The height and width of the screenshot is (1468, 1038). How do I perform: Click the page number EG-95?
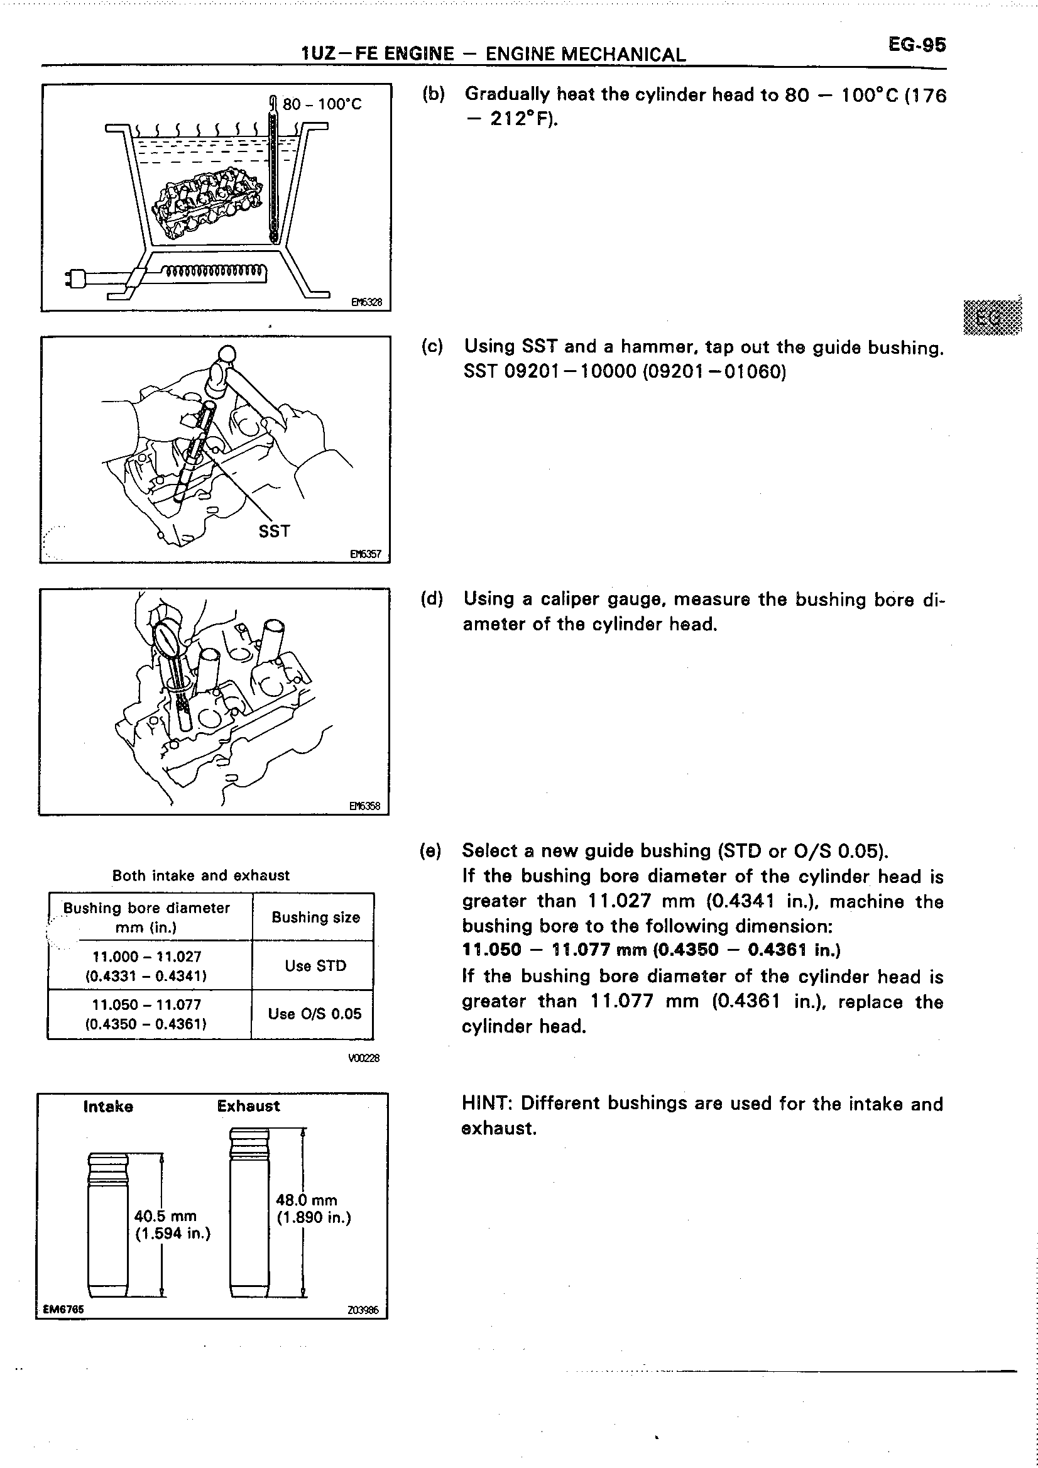pyautogui.click(x=916, y=45)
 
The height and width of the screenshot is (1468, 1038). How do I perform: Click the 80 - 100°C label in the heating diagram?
pyautogui.click(x=322, y=104)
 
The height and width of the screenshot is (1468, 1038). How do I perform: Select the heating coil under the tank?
pyautogui.click(x=214, y=272)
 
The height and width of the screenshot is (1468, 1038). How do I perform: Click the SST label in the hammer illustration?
pyautogui.click(x=274, y=530)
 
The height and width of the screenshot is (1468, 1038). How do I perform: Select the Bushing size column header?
pyautogui.click(x=315, y=917)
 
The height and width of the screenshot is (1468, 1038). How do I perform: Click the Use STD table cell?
pyautogui.click(x=315, y=965)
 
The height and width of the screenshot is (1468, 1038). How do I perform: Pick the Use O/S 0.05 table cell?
pyautogui.click(x=314, y=1014)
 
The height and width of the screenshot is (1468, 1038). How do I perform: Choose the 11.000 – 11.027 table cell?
pyautogui.click(x=147, y=965)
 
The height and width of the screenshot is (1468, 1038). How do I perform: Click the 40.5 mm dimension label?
pyautogui.click(x=165, y=1215)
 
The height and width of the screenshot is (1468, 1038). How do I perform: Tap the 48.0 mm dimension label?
pyautogui.click(x=306, y=1200)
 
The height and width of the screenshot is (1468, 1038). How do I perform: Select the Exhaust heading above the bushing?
pyautogui.click(x=248, y=1106)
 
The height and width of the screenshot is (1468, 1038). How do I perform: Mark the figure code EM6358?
pyautogui.click(x=364, y=806)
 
